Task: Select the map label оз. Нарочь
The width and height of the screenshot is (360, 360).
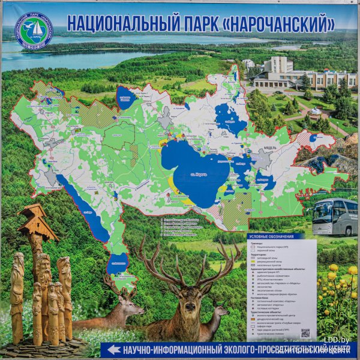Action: tap(196, 175)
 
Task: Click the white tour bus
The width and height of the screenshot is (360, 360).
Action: tap(334, 217)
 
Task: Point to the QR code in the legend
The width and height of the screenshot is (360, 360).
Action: tap(305, 333)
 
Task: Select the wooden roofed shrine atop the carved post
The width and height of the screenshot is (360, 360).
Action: tap(37, 222)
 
